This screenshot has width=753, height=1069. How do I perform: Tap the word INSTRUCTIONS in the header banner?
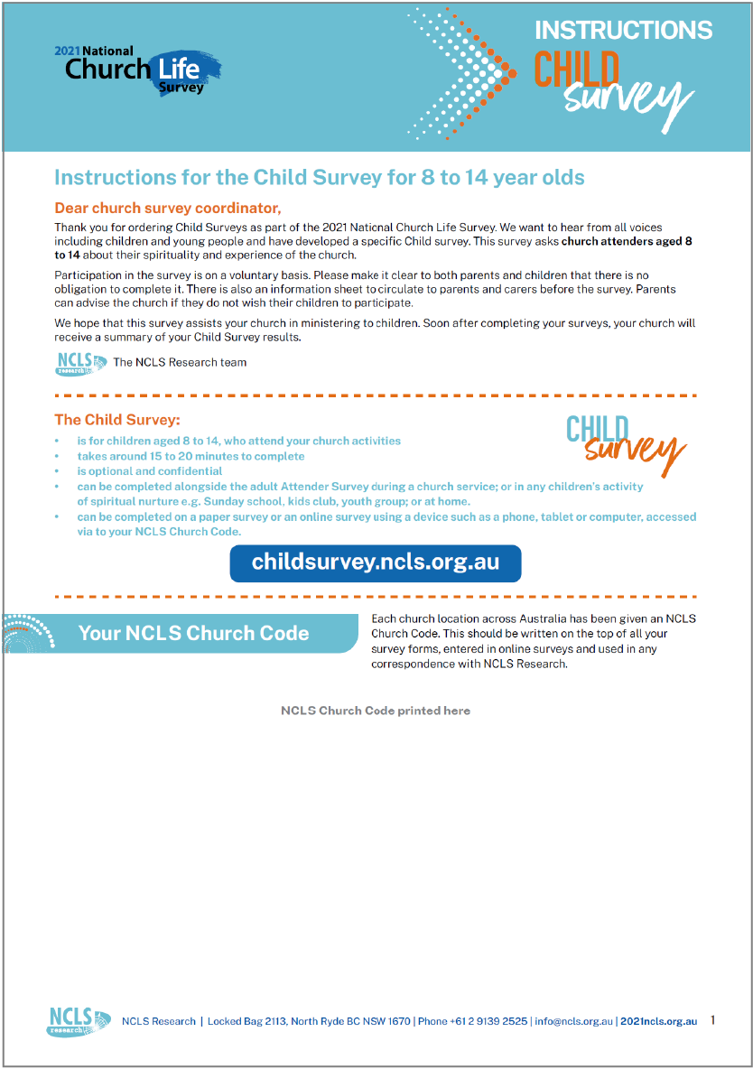click(623, 30)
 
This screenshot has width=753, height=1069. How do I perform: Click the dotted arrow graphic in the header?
click(460, 72)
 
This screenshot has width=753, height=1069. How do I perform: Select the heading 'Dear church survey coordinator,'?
click(168, 208)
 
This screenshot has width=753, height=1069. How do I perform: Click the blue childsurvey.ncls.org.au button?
click(376, 562)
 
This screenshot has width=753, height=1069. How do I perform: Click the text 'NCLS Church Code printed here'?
click(376, 711)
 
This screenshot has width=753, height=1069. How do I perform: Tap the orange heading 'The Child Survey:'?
click(117, 420)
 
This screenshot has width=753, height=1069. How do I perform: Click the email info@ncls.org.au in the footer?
click(574, 1021)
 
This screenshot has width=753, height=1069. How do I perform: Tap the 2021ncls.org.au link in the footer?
click(659, 1021)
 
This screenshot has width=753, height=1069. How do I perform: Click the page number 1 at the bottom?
click(712, 1020)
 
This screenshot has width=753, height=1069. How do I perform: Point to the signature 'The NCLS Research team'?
click(180, 362)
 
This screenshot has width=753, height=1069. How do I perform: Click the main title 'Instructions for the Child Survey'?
click(320, 177)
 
